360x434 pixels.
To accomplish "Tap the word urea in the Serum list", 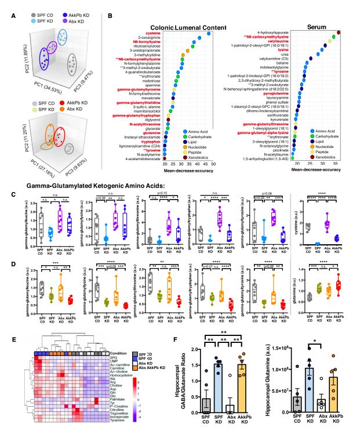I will click(x=287, y=54).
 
